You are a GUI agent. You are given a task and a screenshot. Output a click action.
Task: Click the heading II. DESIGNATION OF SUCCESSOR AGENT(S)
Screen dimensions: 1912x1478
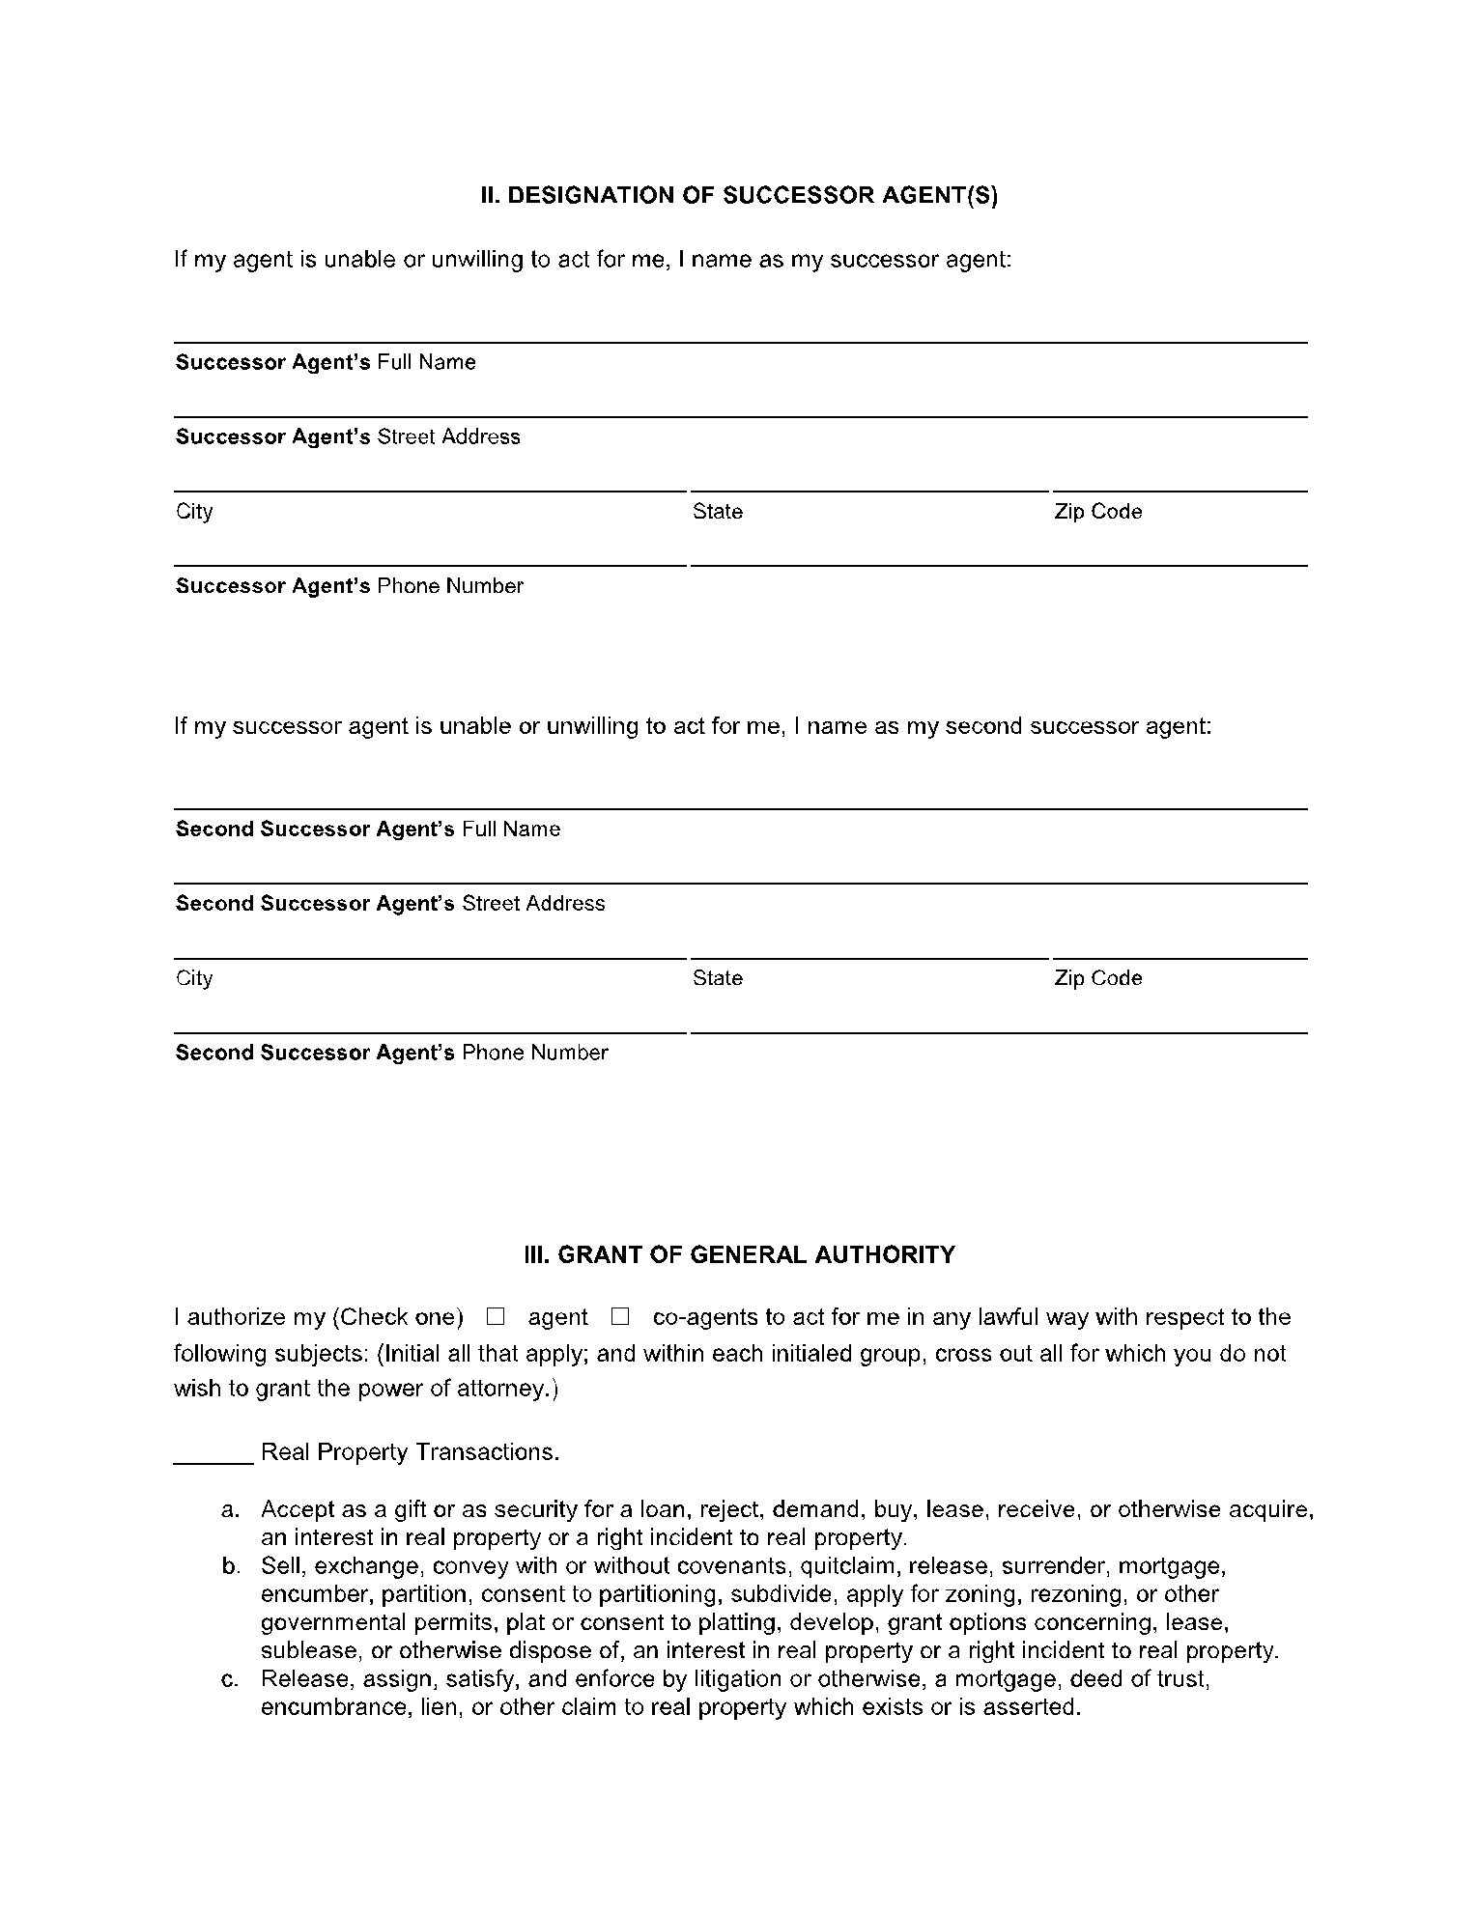tap(739, 196)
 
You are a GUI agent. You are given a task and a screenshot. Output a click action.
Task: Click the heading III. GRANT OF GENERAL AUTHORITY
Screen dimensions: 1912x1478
tap(739, 1254)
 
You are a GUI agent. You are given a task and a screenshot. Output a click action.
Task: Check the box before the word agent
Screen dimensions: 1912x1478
tap(496, 1316)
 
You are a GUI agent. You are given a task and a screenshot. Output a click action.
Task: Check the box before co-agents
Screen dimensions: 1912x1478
tap(620, 1316)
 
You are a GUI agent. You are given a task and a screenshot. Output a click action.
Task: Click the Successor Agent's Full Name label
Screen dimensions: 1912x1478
tap(326, 362)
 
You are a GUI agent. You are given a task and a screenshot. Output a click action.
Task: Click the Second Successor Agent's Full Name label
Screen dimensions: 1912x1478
tap(367, 829)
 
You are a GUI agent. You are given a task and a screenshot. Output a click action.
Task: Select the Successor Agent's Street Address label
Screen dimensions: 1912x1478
tap(348, 436)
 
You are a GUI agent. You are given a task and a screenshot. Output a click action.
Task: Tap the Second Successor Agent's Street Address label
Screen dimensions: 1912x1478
tap(390, 903)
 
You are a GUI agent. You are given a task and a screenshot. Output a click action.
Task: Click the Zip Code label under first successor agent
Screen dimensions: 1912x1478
tap(1097, 511)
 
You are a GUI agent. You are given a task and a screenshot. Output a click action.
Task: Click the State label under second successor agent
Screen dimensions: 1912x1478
tap(717, 977)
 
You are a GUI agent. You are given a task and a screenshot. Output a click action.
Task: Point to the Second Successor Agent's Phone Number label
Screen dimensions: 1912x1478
tap(391, 1052)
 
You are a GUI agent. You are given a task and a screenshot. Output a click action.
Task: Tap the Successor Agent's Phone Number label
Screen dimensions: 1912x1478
tap(349, 585)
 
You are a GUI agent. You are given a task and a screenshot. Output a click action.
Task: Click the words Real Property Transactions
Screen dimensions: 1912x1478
tap(410, 1452)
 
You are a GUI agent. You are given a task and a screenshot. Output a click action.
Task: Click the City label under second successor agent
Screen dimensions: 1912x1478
tap(193, 977)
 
